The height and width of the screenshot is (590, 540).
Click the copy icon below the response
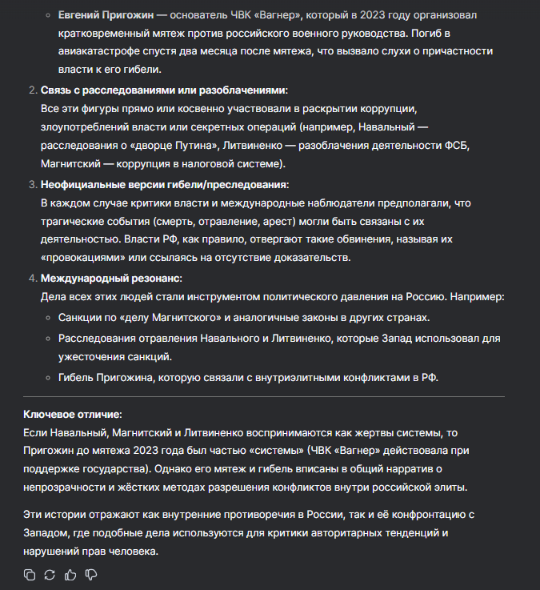(30, 574)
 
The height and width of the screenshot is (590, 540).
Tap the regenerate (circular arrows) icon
(50, 574)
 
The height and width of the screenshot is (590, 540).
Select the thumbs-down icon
(91, 574)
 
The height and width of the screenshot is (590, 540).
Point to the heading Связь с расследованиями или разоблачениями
(164, 90)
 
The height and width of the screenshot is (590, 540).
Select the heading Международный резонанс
(111, 278)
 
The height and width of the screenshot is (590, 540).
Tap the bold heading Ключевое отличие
(73, 414)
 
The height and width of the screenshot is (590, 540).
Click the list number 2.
(32, 90)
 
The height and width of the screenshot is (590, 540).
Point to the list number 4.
(32, 278)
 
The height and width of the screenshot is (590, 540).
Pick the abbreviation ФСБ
(461, 145)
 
